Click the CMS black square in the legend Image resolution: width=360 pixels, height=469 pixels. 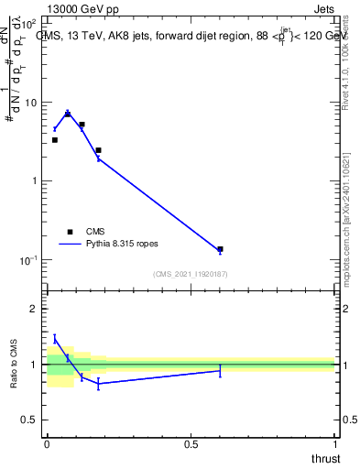(x=70, y=232)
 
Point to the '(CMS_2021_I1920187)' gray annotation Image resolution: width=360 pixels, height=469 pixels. (x=191, y=273)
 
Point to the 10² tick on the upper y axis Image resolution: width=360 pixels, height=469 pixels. (x=29, y=23)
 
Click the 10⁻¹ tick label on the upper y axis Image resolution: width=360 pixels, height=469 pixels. (x=29, y=260)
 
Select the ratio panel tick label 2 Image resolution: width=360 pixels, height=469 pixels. (x=34, y=310)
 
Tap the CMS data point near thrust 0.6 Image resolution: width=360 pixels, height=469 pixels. (x=220, y=249)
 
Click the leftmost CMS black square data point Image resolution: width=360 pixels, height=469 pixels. (x=54, y=140)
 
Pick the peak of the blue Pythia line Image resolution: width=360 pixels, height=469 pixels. (x=67, y=113)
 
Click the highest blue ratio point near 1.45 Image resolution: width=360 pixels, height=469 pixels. (x=54, y=339)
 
